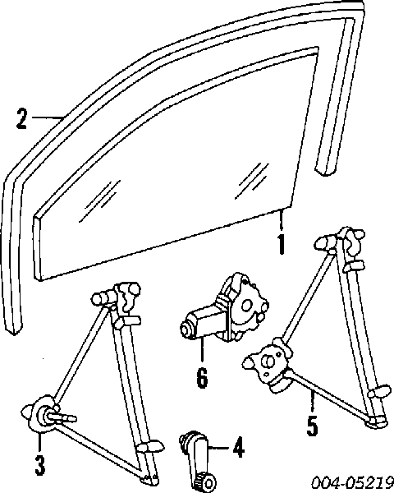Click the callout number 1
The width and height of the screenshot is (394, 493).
[282, 244]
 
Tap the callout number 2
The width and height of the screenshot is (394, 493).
[21, 118]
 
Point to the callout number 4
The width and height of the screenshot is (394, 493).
[239, 447]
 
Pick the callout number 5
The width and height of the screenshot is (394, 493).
[312, 426]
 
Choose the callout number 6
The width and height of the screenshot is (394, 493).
[202, 377]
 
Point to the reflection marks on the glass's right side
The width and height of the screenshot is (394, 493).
[252, 181]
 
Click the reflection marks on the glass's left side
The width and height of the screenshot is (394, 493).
[99, 200]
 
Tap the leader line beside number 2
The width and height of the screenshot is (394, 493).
[47, 117]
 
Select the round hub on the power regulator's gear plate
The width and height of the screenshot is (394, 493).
[268, 362]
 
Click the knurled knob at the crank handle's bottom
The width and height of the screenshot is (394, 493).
[206, 481]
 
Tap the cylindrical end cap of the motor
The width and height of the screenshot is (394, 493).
[187, 329]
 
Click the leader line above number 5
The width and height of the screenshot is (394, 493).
[312, 401]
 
